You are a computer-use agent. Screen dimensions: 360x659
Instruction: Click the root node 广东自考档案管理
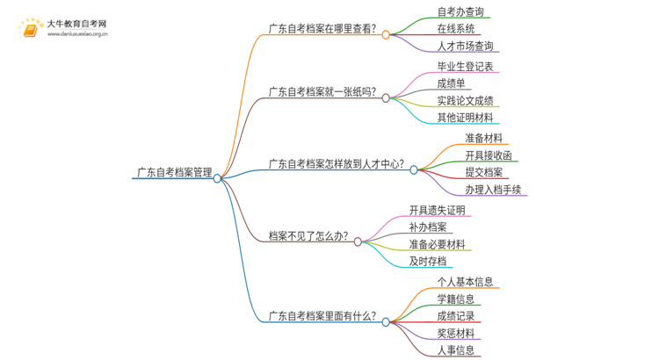173,173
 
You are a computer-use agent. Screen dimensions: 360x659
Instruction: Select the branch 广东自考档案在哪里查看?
322,29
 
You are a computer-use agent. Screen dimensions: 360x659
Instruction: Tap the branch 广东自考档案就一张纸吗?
322,92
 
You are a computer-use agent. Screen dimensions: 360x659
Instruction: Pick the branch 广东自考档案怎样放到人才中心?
336,163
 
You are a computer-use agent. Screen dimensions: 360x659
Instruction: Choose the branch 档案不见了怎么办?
308,236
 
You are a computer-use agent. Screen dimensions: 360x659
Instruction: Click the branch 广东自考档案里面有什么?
322,316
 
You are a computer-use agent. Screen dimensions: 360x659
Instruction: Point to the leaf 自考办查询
460,12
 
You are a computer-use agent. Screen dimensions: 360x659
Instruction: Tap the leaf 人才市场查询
465,47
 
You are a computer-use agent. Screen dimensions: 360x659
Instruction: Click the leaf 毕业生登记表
465,67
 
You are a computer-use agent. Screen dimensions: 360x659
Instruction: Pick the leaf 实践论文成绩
465,101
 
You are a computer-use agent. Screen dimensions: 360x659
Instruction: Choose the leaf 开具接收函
489,155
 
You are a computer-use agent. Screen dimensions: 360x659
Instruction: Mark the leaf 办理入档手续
494,190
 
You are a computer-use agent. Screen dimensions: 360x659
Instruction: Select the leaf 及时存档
427,262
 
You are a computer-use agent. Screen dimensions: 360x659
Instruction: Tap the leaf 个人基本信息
465,282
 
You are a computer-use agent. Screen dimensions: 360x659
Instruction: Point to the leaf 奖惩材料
455,334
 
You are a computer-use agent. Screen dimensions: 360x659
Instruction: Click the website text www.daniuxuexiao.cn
78,35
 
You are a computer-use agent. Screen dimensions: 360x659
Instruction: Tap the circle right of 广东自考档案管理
217,177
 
